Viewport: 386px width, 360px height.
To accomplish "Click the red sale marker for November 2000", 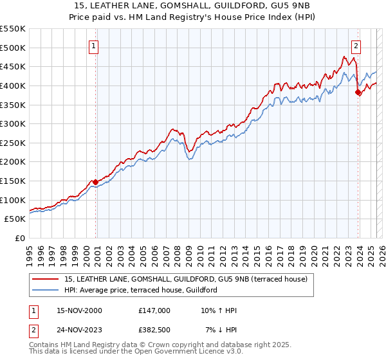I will click(x=96, y=182).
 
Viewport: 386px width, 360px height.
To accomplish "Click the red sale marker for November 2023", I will click(x=358, y=92).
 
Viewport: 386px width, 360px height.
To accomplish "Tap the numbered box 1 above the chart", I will click(x=94, y=46).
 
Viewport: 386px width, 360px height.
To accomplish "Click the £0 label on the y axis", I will click(x=21, y=238).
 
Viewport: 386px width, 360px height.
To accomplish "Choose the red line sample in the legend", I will click(x=46, y=279).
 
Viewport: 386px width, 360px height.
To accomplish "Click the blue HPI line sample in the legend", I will click(x=46, y=290).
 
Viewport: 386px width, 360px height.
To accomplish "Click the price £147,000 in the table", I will click(x=154, y=310).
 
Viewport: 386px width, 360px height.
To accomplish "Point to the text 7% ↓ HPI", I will click(x=221, y=330).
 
